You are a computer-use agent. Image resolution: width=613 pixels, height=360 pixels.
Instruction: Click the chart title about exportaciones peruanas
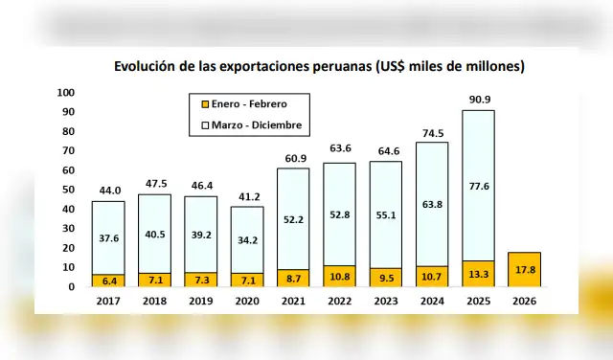click(319, 67)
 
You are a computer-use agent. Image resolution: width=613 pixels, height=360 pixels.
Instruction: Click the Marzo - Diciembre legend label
click(258, 124)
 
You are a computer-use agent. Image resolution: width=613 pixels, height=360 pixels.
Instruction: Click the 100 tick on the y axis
click(66, 93)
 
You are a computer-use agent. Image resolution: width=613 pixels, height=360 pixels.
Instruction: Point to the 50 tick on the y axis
click(69, 190)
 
